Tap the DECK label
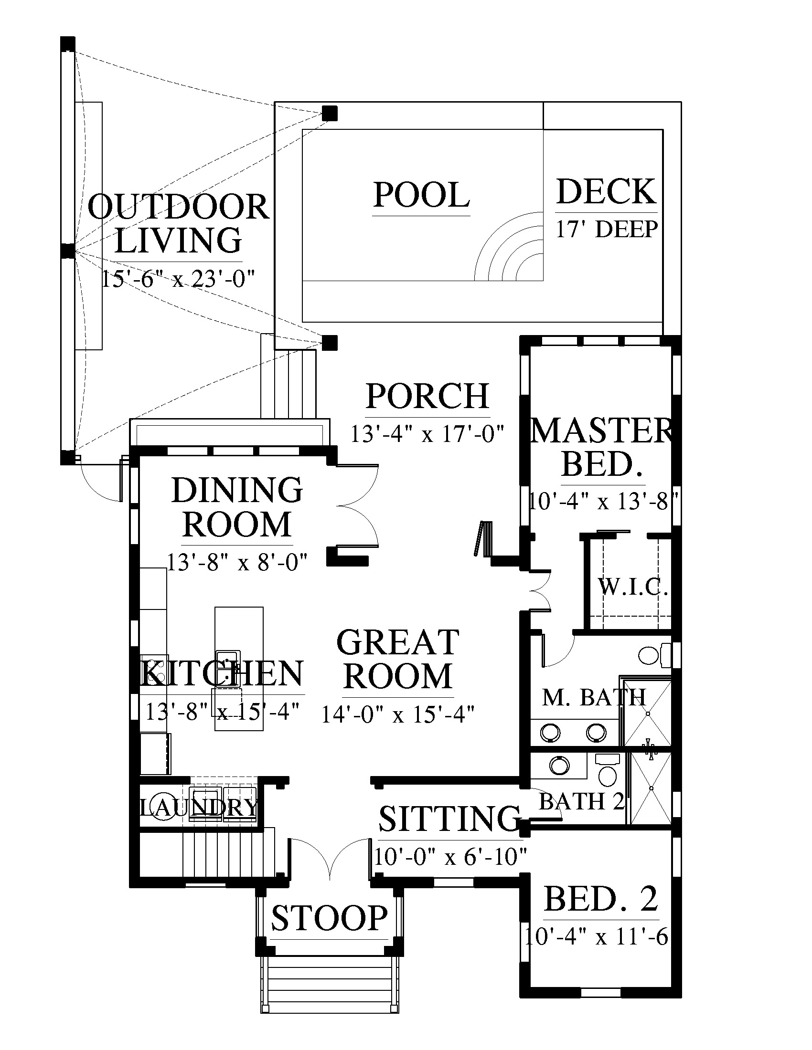pyautogui.click(x=606, y=192)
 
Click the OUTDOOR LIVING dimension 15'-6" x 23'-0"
pyautogui.click(x=178, y=278)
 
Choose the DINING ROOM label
pyautogui.click(x=237, y=507)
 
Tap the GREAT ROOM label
pyautogui.click(x=398, y=659)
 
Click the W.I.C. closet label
pyautogui.click(x=632, y=587)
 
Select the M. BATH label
pyautogui.click(x=594, y=697)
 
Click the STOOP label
pyautogui.click(x=330, y=918)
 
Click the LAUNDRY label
pyautogui.click(x=199, y=807)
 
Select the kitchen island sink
pyautogui.click(x=228, y=661)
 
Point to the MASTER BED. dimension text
pyautogui.click(x=603, y=502)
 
